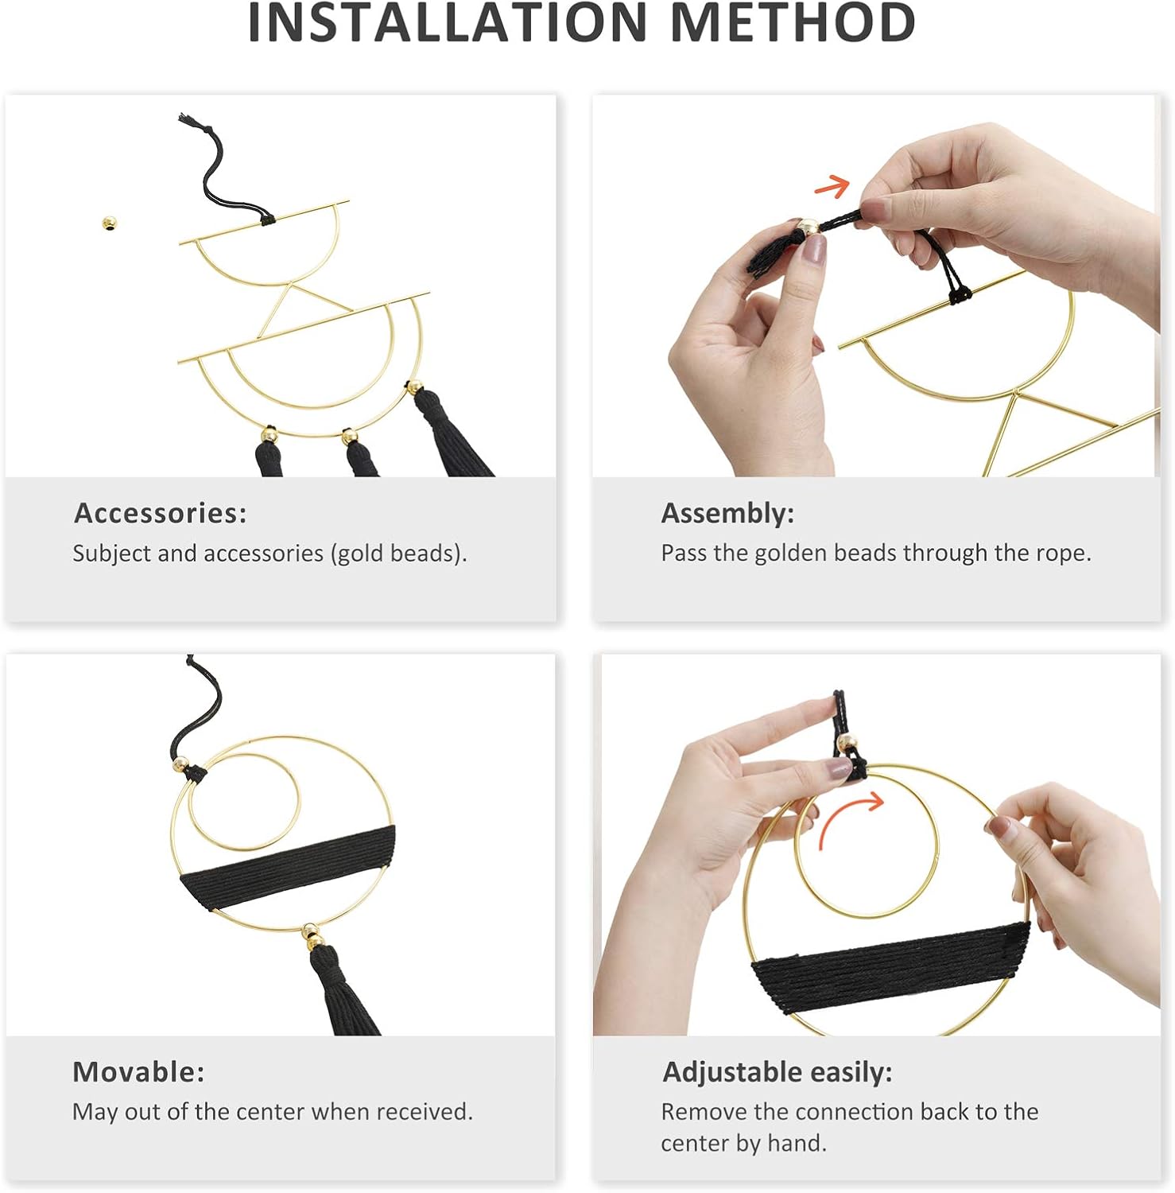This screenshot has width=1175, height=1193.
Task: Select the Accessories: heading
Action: click(x=161, y=513)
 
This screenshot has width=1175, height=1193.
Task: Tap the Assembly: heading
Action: click(x=727, y=514)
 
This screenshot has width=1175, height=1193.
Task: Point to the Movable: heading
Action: click(x=138, y=1072)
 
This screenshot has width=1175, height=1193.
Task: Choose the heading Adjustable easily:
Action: click(x=778, y=1073)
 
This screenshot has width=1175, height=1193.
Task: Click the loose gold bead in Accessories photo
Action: click(x=110, y=223)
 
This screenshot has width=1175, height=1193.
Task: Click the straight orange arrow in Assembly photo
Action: click(x=832, y=186)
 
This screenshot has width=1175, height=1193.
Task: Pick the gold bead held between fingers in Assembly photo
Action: click(x=809, y=227)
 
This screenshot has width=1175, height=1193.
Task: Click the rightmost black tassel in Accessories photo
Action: click(x=449, y=433)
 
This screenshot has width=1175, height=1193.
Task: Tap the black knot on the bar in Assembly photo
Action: click(x=960, y=295)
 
